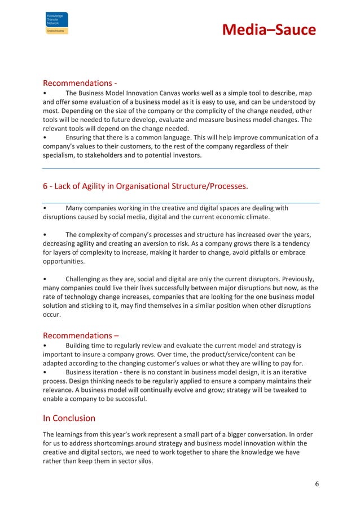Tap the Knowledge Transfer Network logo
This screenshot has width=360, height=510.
(x=56, y=24)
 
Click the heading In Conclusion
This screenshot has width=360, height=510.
(x=69, y=419)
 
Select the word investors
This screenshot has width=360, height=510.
(x=183, y=155)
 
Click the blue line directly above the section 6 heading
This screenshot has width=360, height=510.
(x=181, y=168)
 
